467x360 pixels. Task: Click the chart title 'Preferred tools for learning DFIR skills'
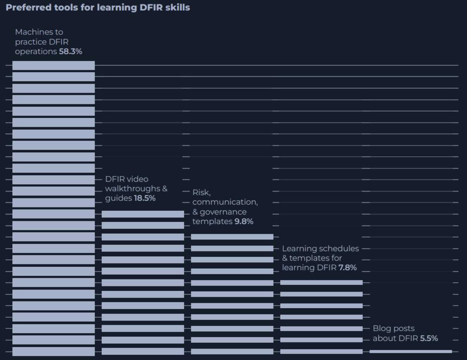tap(98, 7)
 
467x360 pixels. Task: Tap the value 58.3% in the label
tap(70, 51)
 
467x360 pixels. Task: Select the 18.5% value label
tap(144, 198)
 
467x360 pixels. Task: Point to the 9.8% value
tap(244, 221)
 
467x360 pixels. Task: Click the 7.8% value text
tap(347, 268)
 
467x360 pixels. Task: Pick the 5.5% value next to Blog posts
tap(429, 339)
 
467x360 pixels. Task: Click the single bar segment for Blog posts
tap(411, 351)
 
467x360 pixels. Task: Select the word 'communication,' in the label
tap(225, 202)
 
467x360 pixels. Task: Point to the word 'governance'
tap(223, 212)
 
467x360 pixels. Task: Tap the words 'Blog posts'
tap(393, 328)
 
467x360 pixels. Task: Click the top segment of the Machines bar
tap(54, 65)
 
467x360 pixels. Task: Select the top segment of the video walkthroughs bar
tap(143, 214)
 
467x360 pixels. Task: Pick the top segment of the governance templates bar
tap(232, 237)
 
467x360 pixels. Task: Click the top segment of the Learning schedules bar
tap(321, 283)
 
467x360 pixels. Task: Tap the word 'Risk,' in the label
tap(201, 193)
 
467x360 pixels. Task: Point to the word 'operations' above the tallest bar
tap(36, 51)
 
